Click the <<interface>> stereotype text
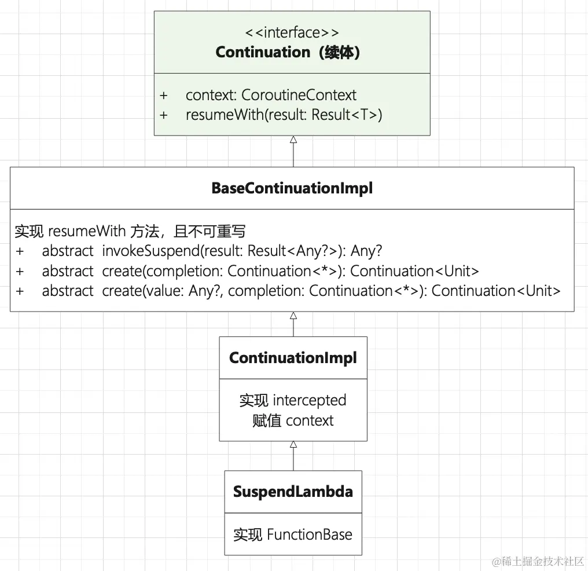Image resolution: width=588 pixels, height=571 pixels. pyautogui.click(x=292, y=32)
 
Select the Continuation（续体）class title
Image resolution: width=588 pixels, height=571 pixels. pyautogui.click(x=288, y=52)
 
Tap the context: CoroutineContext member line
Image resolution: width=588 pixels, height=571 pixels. pyautogui.click(x=271, y=95)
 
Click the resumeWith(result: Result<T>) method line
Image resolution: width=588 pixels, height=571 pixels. pyautogui.click(x=284, y=115)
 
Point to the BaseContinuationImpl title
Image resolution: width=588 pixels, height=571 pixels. pyautogui.click(x=292, y=188)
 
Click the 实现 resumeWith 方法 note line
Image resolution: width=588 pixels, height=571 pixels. pyautogui.click(x=130, y=232)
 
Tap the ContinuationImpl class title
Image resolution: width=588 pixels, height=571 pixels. pyautogui.click(x=293, y=357)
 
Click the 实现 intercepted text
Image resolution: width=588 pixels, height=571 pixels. pyautogui.click(x=293, y=400)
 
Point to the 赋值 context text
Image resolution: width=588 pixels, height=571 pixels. pyautogui.click(x=293, y=420)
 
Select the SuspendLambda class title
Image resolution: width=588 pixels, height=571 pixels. pyautogui.click(x=293, y=492)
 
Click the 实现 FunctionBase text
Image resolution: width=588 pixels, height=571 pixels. pyautogui.click(x=293, y=535)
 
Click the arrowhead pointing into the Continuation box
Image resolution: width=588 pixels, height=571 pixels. pyautogui.click(x=293, y=140)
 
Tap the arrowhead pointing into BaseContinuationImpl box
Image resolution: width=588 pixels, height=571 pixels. pyautogui.click(x=293, y=316)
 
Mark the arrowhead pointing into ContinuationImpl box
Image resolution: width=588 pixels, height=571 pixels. pyautogui.click(x=293, y=444)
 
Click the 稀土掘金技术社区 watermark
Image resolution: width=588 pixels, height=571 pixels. pyautogui.click(x=538, y=562)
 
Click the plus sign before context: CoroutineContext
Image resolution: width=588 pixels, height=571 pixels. pyautogui.click(x=164, y=95)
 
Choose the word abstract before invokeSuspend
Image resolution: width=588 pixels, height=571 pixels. pyautogui.click(x=68, y=251)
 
